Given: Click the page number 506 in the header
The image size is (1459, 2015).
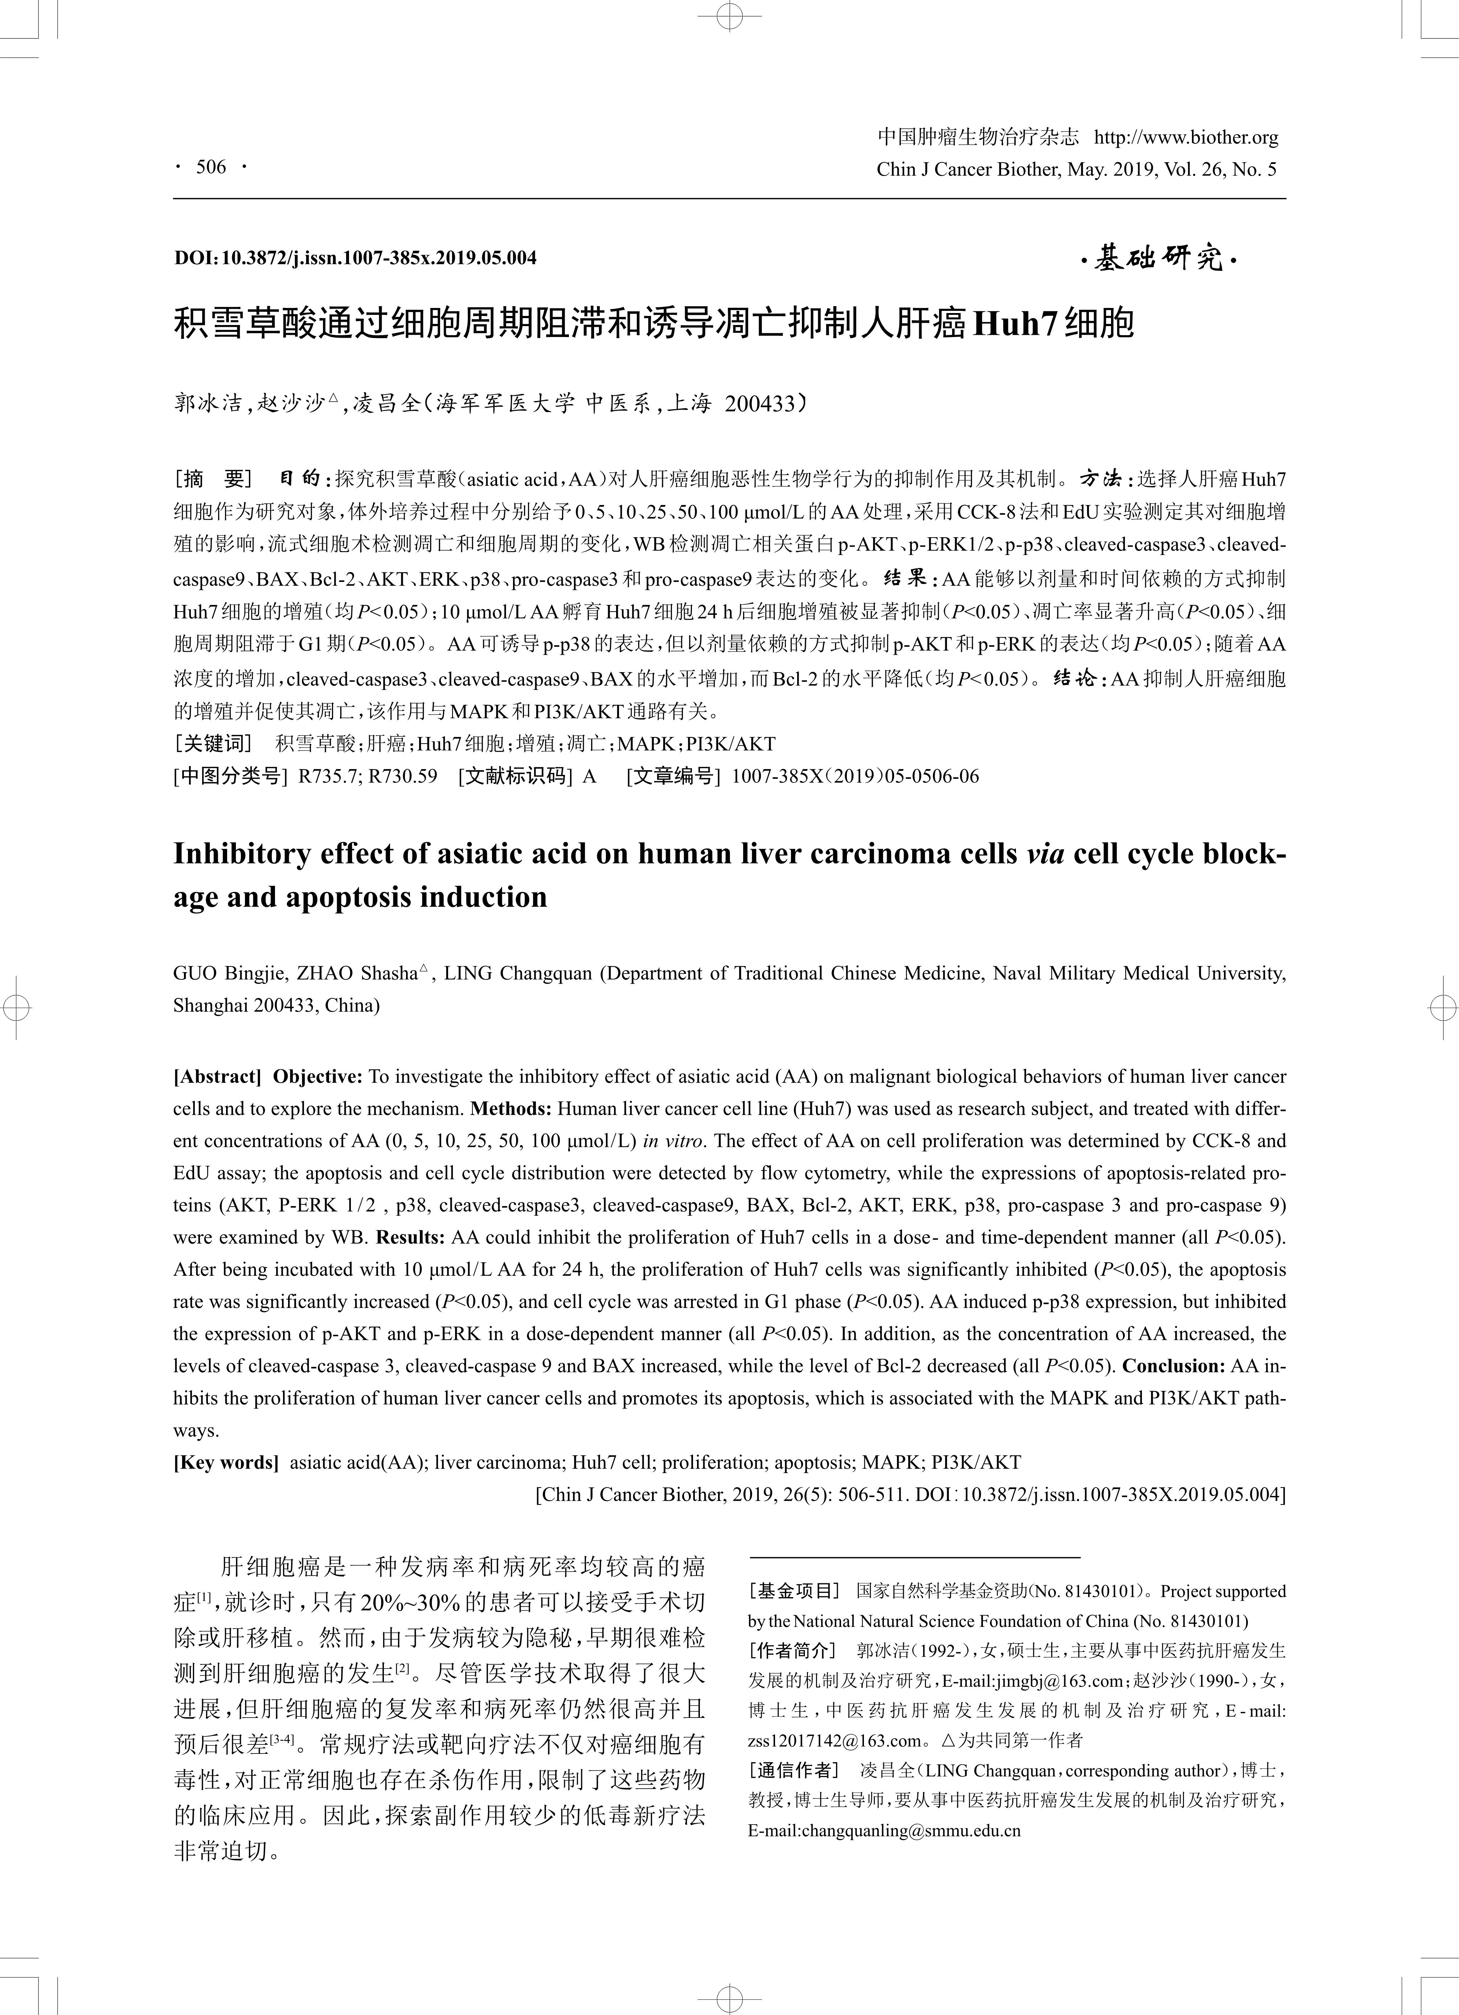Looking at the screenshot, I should (x=212, y=167).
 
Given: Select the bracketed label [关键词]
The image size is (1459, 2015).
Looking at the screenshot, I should (x=213, y=744).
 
